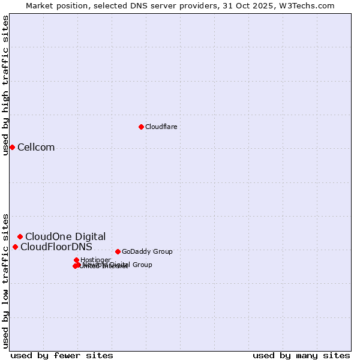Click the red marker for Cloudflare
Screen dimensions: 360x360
141,127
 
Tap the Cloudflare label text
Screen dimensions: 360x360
161,127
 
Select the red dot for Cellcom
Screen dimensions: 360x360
12,148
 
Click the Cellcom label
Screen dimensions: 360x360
36,148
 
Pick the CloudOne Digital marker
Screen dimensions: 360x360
20,236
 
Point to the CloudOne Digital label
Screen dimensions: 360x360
65,236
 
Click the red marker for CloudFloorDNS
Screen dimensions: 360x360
15,247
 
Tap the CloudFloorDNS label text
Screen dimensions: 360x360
56,247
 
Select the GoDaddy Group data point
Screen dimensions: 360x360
118,251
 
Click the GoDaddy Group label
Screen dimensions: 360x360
147,251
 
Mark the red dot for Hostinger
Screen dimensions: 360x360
77,260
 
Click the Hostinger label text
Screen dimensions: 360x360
95,260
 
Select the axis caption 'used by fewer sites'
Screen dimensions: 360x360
62,355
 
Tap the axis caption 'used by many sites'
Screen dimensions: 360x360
301,355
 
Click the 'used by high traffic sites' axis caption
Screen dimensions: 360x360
5,85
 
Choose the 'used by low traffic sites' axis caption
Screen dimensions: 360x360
5,280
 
